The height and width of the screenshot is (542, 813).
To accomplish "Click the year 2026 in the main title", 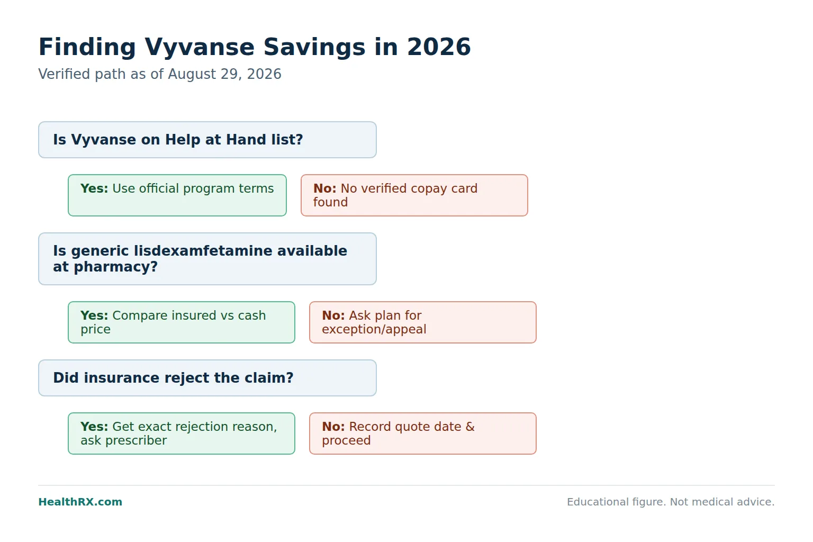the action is pos(439,47).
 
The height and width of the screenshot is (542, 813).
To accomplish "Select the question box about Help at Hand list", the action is pos(207,140).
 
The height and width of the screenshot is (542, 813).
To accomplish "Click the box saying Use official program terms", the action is pos(177,195).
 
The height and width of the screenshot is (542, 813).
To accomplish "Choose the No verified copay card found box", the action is pos(414,195).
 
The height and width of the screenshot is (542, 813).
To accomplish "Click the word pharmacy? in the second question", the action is pos(116,267).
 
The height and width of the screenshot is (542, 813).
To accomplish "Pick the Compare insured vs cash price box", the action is pos(182,322).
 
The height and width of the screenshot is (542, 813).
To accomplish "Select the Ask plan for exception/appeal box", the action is pos(423,322).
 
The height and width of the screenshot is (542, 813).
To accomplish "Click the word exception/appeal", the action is pos(374,330).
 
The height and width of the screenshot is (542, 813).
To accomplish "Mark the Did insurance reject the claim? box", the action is pos(207,378).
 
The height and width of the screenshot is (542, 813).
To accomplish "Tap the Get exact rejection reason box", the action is pos(182,433).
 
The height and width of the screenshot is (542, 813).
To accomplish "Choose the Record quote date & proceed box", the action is pos(423,433).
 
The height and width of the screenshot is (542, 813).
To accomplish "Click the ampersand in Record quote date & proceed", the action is pos(470,427).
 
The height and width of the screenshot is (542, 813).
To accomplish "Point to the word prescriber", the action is pos(136,441).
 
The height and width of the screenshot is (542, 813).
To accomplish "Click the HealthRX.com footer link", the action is pos(80,502).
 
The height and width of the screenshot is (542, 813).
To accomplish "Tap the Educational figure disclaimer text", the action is pos(671,502).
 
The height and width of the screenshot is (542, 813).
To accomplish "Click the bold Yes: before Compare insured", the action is pos(94,315).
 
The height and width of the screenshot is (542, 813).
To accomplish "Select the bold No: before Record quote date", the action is pos(333,427).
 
